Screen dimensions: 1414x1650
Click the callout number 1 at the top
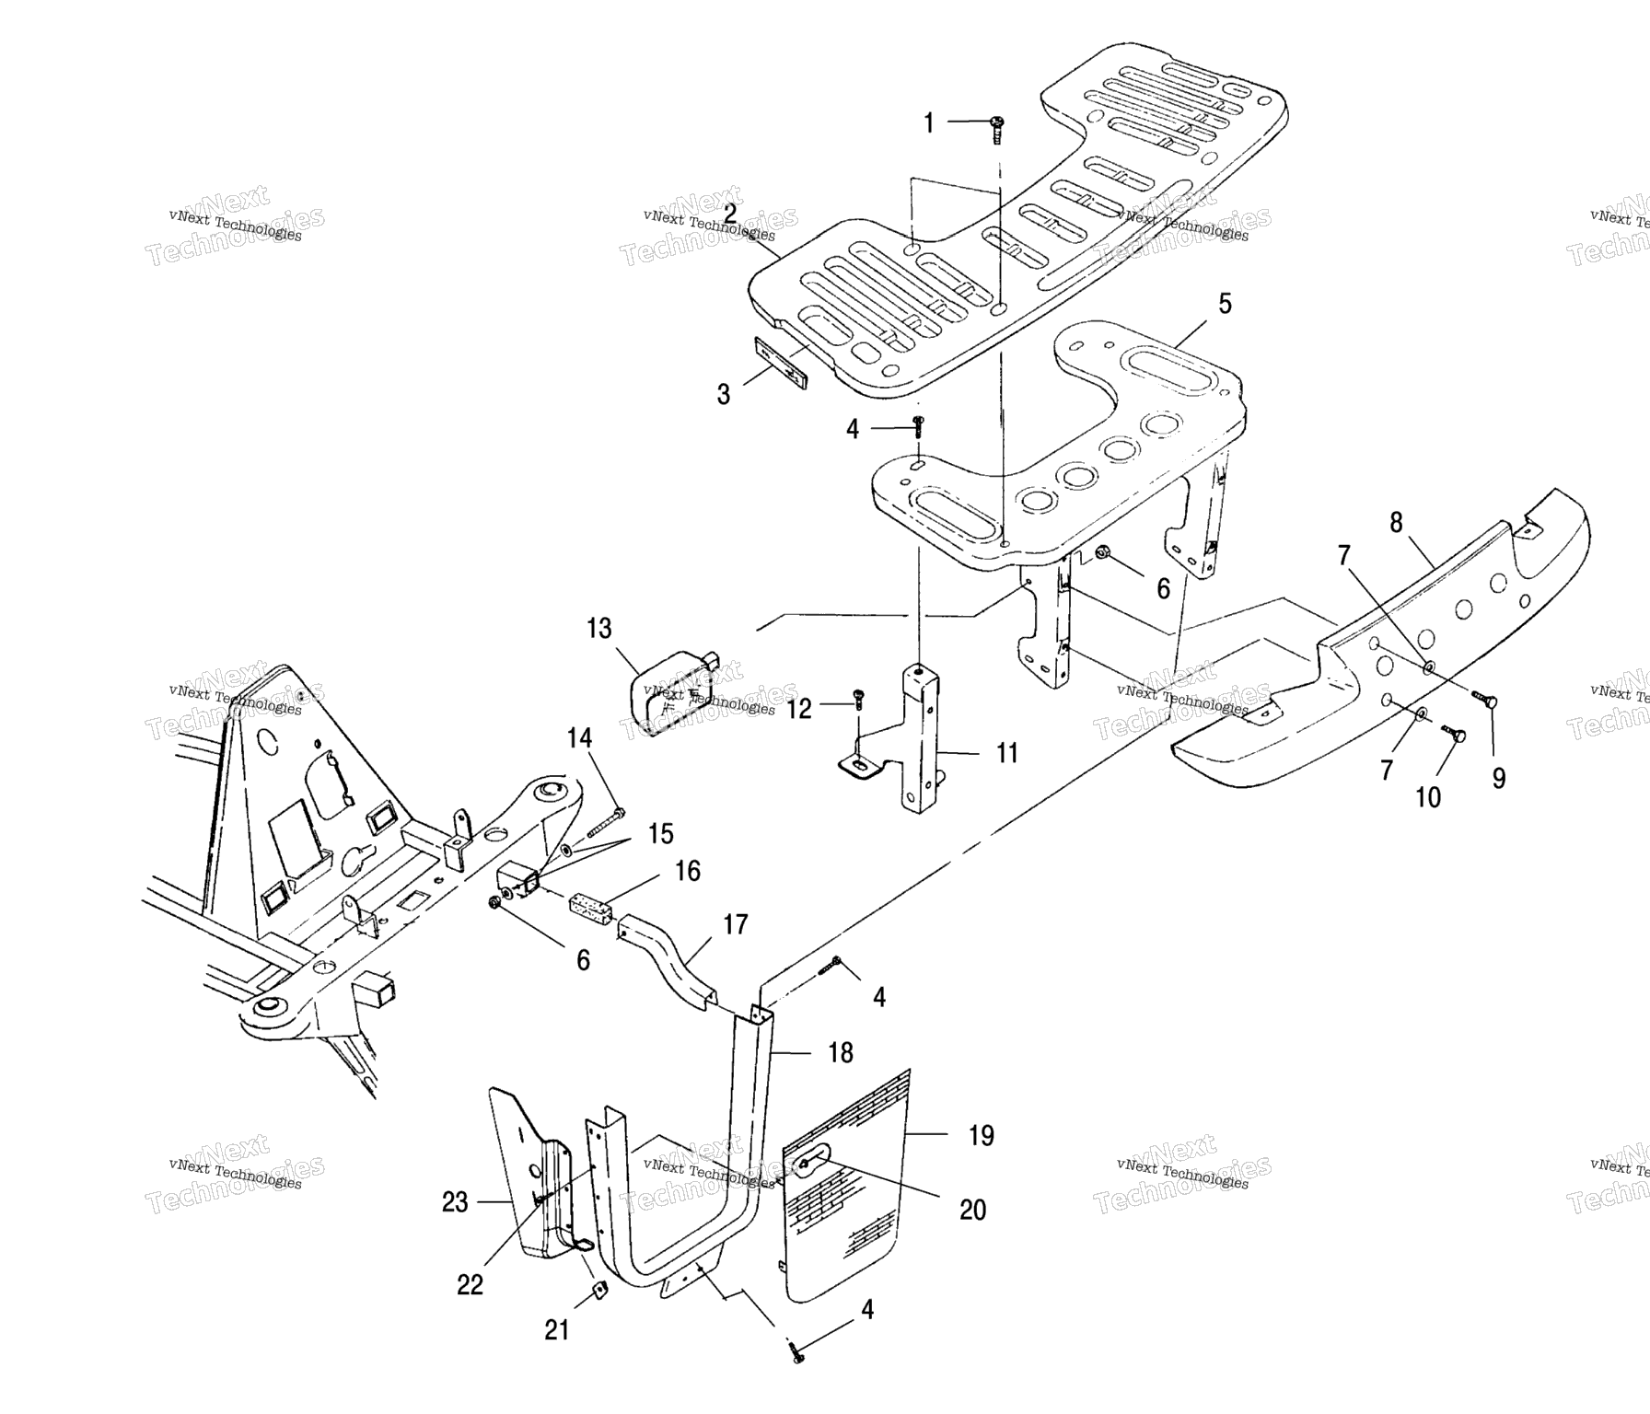point(928,122)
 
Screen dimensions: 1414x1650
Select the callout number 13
point(598,629)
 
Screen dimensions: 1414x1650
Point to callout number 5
point(1225,304)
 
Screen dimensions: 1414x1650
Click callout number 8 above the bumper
point(1396,523)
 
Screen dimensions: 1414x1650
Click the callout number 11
point(1007,753)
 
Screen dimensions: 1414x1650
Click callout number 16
point(687,871)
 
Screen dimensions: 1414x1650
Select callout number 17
point(735,924)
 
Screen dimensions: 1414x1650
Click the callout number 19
point(982,1136)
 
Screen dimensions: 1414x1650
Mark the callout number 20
point(972,1210)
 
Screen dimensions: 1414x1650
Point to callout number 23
point(455,1202)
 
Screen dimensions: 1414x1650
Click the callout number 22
point(470,1285)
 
